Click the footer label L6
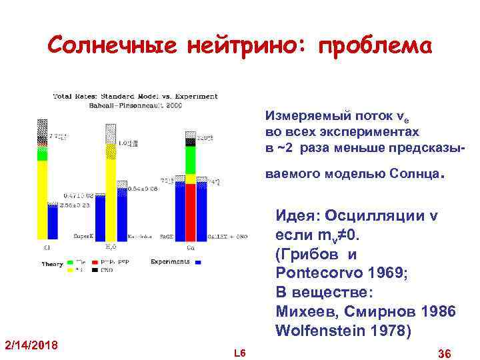tap(240, 352)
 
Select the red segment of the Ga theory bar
tap(191, 209)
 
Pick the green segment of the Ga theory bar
tap(191, 160)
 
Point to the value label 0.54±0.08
tap(143, 189)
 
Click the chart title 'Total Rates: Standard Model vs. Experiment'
tap(135, 96)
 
